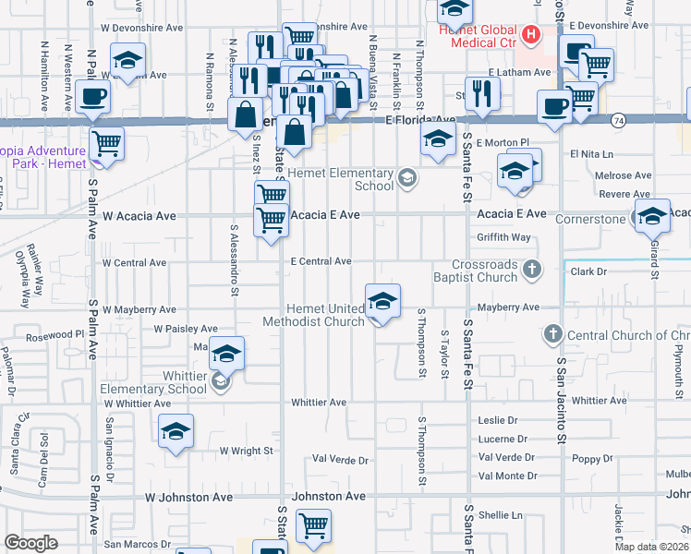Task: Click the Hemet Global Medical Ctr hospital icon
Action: (531, 37)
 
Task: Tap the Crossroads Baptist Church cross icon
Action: (531, 270)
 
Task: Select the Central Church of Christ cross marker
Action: (553, 333)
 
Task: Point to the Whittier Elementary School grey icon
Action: (220, 379)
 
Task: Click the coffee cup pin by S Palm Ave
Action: (93, 95)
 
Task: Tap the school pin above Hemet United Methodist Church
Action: (382, 300)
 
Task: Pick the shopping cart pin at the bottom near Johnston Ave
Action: (313, 525)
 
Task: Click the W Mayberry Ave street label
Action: (139, 310)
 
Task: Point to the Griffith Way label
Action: (503, 237)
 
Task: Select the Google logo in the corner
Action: (31, 543)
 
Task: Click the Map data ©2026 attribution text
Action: (651, 547)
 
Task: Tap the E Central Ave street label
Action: (321, 261)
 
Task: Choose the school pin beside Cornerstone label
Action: (652, 216)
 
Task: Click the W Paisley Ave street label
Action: (186, 329)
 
